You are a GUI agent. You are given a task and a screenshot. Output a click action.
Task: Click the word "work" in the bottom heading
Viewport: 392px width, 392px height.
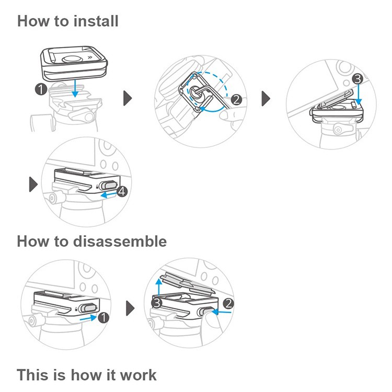coord(136,375)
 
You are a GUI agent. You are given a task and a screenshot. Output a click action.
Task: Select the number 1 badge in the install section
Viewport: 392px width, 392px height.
coord(40,89)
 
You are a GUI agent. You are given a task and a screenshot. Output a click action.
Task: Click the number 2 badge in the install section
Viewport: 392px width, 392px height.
coord(235,99)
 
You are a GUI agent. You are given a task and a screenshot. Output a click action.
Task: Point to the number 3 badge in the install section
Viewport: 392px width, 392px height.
coord(357,79)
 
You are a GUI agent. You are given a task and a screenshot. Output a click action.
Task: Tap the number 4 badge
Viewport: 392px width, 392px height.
coord(122,192)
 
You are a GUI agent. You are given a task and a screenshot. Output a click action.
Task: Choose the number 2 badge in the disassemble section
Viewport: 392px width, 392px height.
coord(228,303)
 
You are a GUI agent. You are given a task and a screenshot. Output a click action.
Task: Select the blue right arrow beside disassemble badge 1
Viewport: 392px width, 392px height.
coord(90,317)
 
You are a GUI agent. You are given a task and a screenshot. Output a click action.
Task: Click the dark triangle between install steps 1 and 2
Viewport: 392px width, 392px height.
coord(127,98)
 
